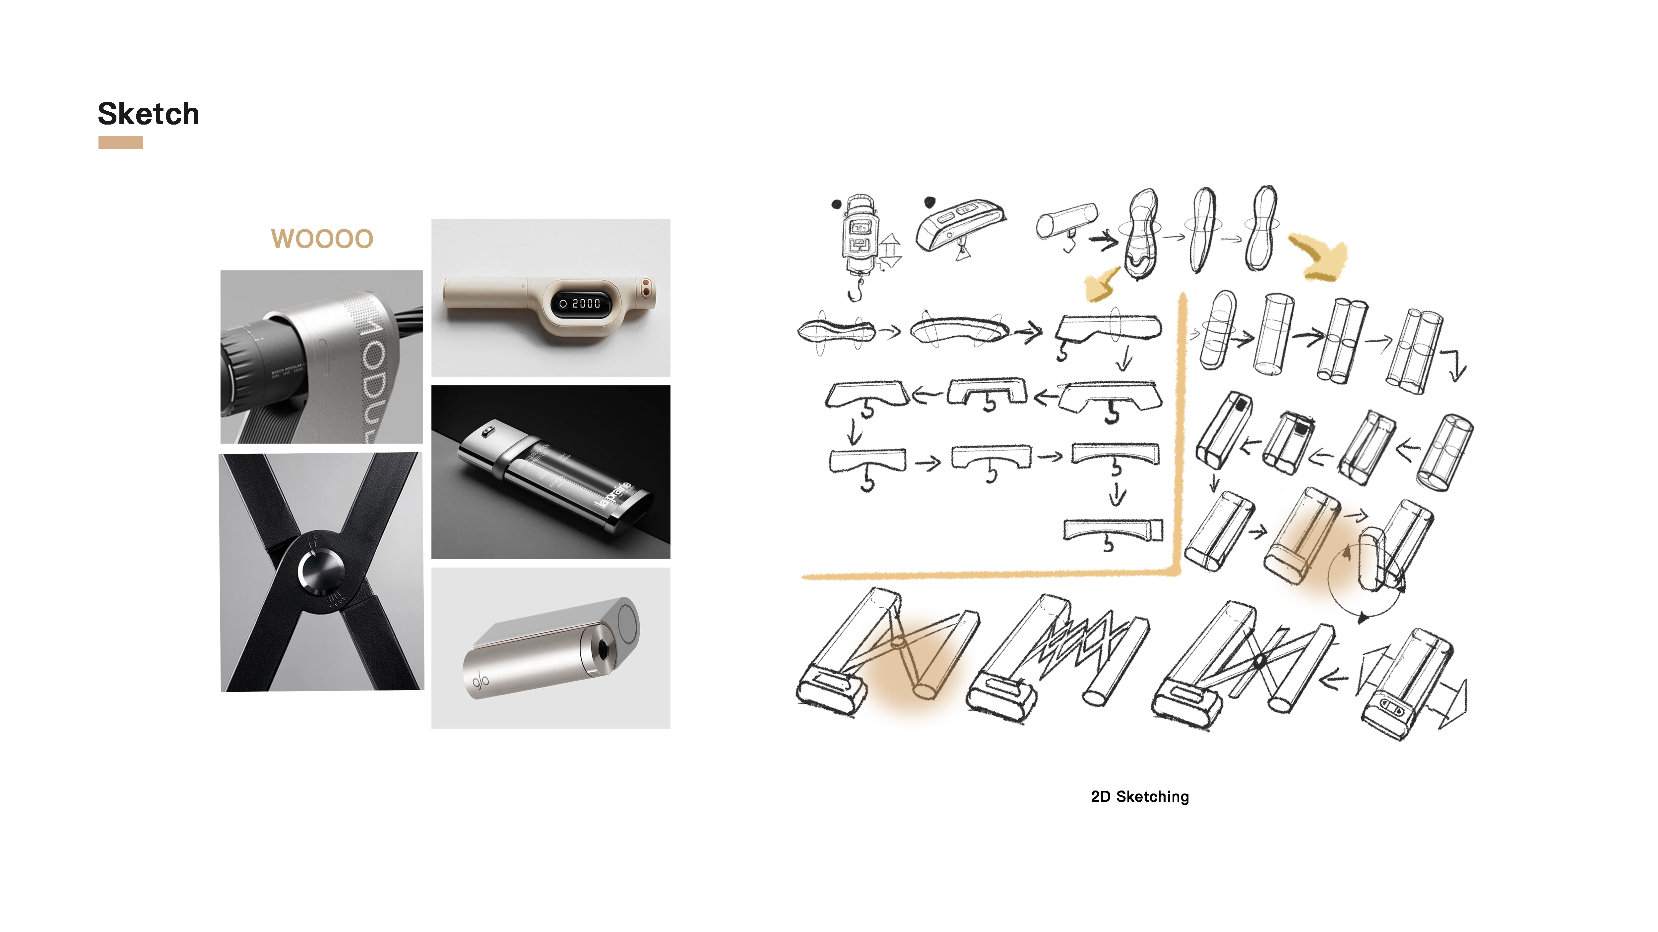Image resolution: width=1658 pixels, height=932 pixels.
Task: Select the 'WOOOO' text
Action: click(322, 239)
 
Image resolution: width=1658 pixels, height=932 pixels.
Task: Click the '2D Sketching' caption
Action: click(1140, 796)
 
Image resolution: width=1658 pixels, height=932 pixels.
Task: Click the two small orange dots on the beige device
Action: click(646, 287)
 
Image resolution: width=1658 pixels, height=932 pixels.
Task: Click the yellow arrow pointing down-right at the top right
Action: click(1319, 257)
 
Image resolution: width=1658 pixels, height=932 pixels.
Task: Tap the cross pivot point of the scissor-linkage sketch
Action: click(1260, 661)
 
